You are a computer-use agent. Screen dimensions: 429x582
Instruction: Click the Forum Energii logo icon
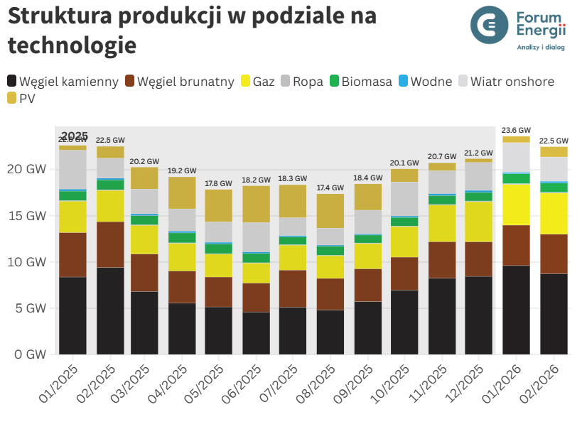pos(490,24)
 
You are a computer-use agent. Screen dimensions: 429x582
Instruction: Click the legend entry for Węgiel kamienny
pos(63,82)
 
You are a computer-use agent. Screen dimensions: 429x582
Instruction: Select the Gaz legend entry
pos(258,82)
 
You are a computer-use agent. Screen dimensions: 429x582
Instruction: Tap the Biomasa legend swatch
pos(335,82)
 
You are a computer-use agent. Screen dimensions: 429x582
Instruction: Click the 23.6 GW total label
pos(516,130)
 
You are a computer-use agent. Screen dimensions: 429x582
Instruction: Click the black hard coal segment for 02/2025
pos(110,310)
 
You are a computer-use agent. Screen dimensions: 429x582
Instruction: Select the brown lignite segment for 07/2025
pos(293,288)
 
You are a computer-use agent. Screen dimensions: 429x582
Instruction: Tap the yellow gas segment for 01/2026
pos(516,205)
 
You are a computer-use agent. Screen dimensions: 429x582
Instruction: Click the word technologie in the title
pos(72,45)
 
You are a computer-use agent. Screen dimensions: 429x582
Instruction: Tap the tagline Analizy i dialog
pos(540,48)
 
